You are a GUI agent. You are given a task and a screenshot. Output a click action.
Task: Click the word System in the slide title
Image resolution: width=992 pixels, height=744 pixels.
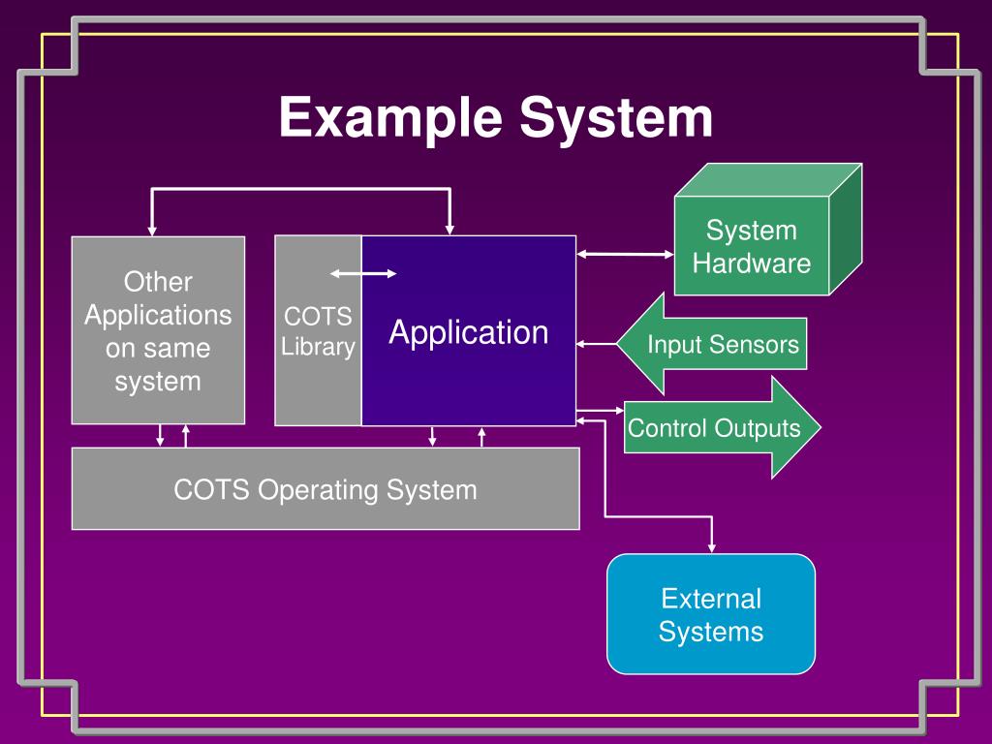615,118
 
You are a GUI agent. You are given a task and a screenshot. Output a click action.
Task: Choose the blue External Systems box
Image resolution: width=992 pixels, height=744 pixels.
711,614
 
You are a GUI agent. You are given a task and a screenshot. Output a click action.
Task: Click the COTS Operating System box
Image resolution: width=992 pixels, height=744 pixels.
325,489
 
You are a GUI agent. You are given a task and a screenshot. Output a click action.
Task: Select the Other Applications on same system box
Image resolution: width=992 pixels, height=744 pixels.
158,330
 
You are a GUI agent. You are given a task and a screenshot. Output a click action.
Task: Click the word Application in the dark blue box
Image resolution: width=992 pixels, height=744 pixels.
469,332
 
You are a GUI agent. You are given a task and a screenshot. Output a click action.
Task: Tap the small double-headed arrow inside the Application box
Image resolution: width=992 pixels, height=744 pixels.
363,274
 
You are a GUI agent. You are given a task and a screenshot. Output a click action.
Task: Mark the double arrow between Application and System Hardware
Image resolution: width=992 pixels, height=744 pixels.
626,255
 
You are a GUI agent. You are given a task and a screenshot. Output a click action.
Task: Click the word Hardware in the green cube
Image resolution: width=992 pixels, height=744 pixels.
752,263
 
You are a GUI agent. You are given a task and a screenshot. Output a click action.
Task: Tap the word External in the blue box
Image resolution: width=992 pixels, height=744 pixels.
711,598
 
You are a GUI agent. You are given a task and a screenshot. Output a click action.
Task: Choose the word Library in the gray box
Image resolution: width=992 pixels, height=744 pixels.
318,348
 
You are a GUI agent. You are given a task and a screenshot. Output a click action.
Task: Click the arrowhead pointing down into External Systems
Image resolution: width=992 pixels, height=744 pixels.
712,547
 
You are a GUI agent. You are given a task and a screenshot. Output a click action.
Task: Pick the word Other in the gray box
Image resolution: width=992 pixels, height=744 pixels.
158,282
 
